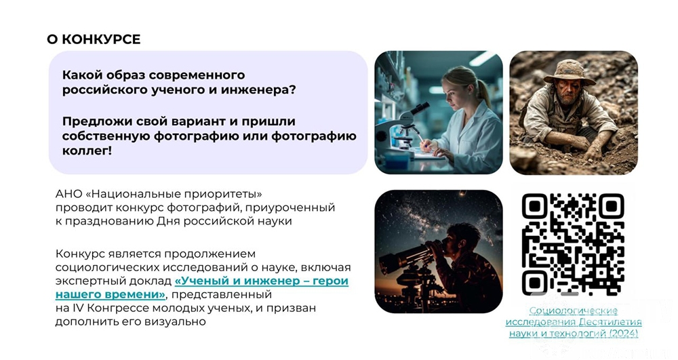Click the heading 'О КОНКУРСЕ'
click(94, 39)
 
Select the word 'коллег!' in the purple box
click(87, 151)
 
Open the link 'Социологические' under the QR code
click(574, 311)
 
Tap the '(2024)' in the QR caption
click(624, 333)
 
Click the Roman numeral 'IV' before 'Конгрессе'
click(80, 308)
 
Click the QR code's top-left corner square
click(535, 206)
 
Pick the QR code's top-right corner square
click(612, 206)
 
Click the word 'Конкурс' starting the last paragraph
click(77, 254)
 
